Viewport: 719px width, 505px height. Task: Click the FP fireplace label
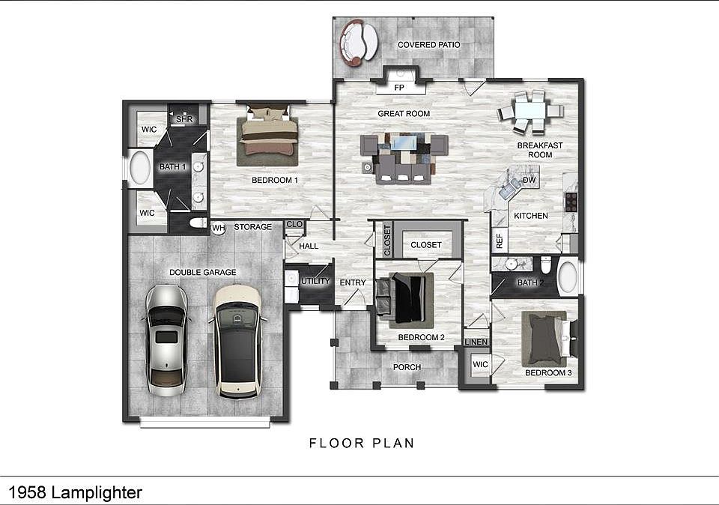(399, 87)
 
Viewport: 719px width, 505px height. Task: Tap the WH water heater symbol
(219, 228)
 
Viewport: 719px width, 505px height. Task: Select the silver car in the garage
(166, 340)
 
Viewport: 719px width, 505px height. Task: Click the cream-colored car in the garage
(237, 341)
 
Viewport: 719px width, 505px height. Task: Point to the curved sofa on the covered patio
(358, 42)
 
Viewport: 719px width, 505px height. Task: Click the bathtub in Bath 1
(140, 167)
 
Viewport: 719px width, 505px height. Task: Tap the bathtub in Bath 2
(567, 277)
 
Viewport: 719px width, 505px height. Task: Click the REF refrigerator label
(500, 241)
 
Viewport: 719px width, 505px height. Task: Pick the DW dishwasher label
(530, 180)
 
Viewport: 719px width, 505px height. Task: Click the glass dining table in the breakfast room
(530, 111)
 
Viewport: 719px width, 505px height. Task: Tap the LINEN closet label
(476, 342)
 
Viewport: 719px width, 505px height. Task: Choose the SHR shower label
(184, 119)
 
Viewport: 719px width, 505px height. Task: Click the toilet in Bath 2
(546, 264)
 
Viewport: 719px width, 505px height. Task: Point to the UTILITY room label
(315, 281)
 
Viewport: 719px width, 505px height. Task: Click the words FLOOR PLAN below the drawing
(362, 443)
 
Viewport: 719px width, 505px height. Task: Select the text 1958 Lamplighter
(75, 492)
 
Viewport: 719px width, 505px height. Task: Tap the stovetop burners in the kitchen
(571, 202)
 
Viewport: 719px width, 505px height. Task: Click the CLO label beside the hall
(294, 224)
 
